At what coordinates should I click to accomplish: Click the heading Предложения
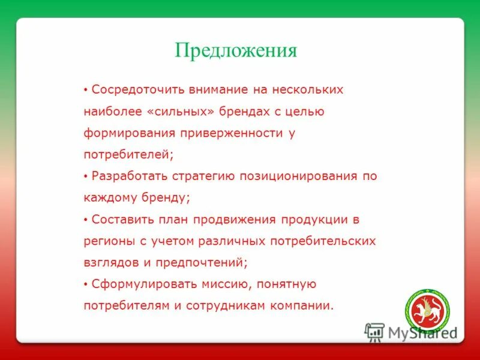[236, 50]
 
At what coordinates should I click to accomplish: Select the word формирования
[122, 133]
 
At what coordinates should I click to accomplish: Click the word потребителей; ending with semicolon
[128, 155]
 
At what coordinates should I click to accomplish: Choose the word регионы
[105, 241]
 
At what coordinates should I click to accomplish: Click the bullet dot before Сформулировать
[86, 284]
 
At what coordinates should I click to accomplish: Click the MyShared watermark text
[422, 332]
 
